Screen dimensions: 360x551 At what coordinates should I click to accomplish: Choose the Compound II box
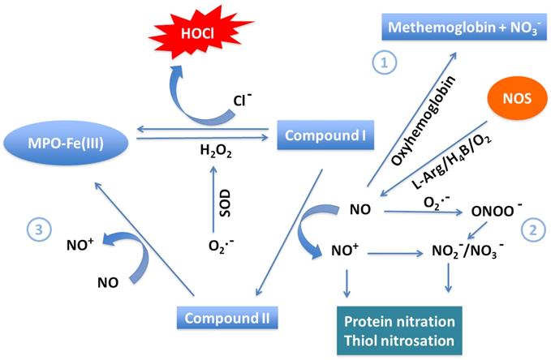pyautogui.click(x=226, y=315)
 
